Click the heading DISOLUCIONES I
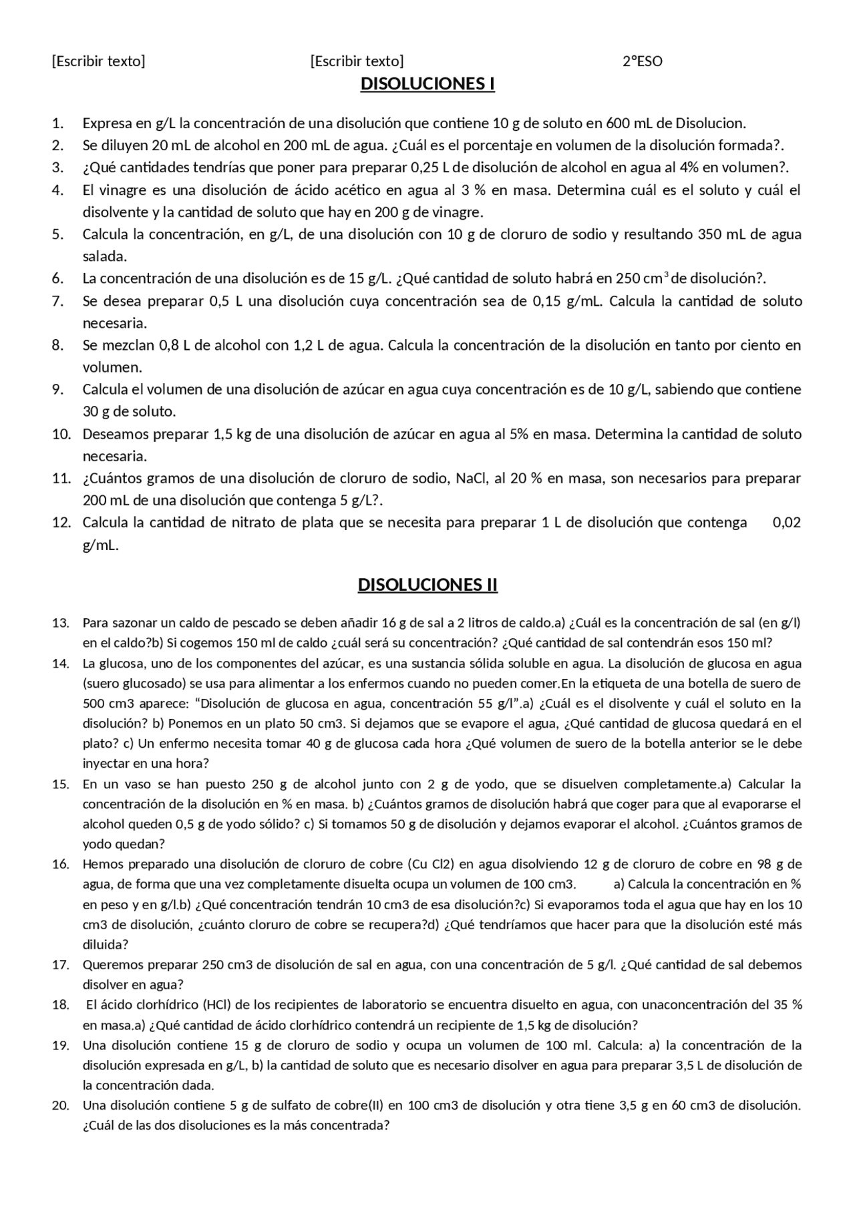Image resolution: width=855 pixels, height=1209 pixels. pyautogui.click(x=427, y=84)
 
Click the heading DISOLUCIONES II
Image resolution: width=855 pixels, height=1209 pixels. pyautogui.click(x=427, y=585)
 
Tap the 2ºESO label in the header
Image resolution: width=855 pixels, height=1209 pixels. pyautogui.click(x=643, y=62)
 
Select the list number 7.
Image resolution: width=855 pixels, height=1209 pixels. pyautogui.click(x=58, y=301)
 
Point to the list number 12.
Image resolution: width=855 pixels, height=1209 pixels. pyautogui.click(x=61, y=523)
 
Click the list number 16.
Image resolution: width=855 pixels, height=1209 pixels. pyautogui.click(x=61, y=865)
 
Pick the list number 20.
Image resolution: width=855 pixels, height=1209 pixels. pyautogui.click(x=61, y=1106)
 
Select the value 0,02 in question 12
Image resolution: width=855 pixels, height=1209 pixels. pyautogui.click(x=787, y=523)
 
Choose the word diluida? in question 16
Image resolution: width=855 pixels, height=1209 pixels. pyautogui.click(x=106, y=945)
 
